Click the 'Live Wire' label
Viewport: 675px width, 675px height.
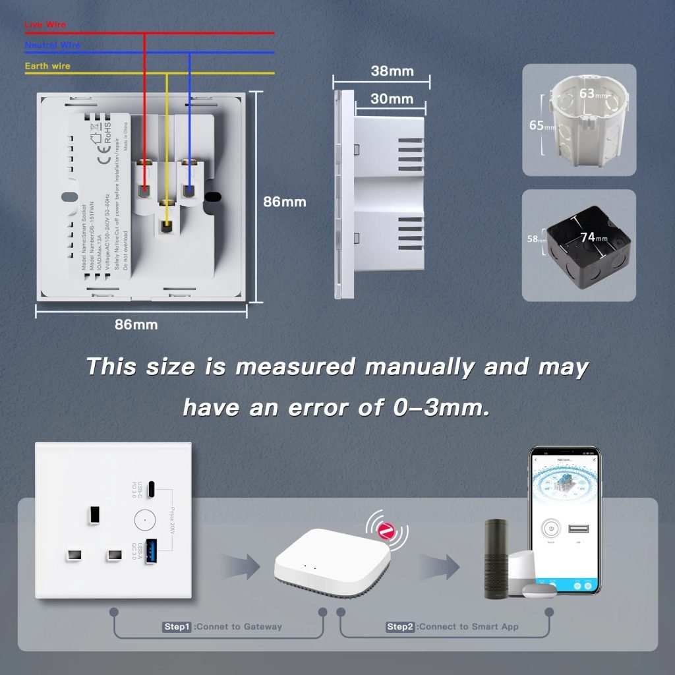click(45, 25)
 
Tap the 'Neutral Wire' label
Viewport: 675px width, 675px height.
click(52, 45)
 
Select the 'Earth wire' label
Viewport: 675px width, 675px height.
click(47, 66)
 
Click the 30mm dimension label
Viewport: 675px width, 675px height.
click(392, 99)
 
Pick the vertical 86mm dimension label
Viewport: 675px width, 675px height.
click(285, 202)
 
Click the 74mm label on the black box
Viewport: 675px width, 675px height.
click(593, 237)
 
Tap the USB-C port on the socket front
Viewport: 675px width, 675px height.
click(152, 490)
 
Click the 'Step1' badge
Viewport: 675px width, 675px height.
click(177, 626)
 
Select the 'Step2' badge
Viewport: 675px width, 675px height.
click(401, 626)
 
